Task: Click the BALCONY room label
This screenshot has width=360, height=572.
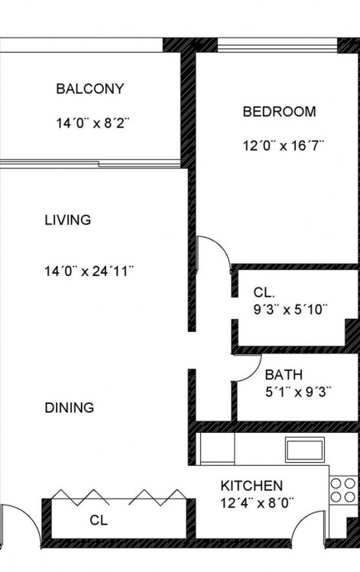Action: tap(90, 89)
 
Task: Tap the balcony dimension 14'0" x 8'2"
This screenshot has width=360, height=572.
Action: tap(92, 123)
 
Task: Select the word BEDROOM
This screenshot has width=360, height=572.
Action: tap(280, 112)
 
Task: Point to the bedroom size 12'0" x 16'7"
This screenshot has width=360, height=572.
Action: tap(284, 146)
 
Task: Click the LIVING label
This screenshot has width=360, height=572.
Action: tap(68, 220)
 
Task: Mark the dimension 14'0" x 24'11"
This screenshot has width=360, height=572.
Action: tap(89, 271)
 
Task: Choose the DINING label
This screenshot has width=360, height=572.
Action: tap(70, 408)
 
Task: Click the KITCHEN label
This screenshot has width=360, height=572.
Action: tap(251, 486)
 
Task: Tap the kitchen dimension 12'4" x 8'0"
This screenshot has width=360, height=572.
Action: tap(257, 503)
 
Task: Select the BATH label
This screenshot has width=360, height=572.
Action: tap(284, 375)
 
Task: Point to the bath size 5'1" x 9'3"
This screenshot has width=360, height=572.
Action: tap(298, 392)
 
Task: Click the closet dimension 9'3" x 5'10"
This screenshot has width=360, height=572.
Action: tap(290, 310)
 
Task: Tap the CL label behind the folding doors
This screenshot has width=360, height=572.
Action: tap(99, 520)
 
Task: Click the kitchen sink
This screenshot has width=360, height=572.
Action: tap(305, 450)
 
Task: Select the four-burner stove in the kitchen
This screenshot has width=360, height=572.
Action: tap(343, 490)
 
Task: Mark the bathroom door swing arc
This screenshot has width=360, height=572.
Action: tap(254, 374)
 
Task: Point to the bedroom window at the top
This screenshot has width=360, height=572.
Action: tap(277, 46)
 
